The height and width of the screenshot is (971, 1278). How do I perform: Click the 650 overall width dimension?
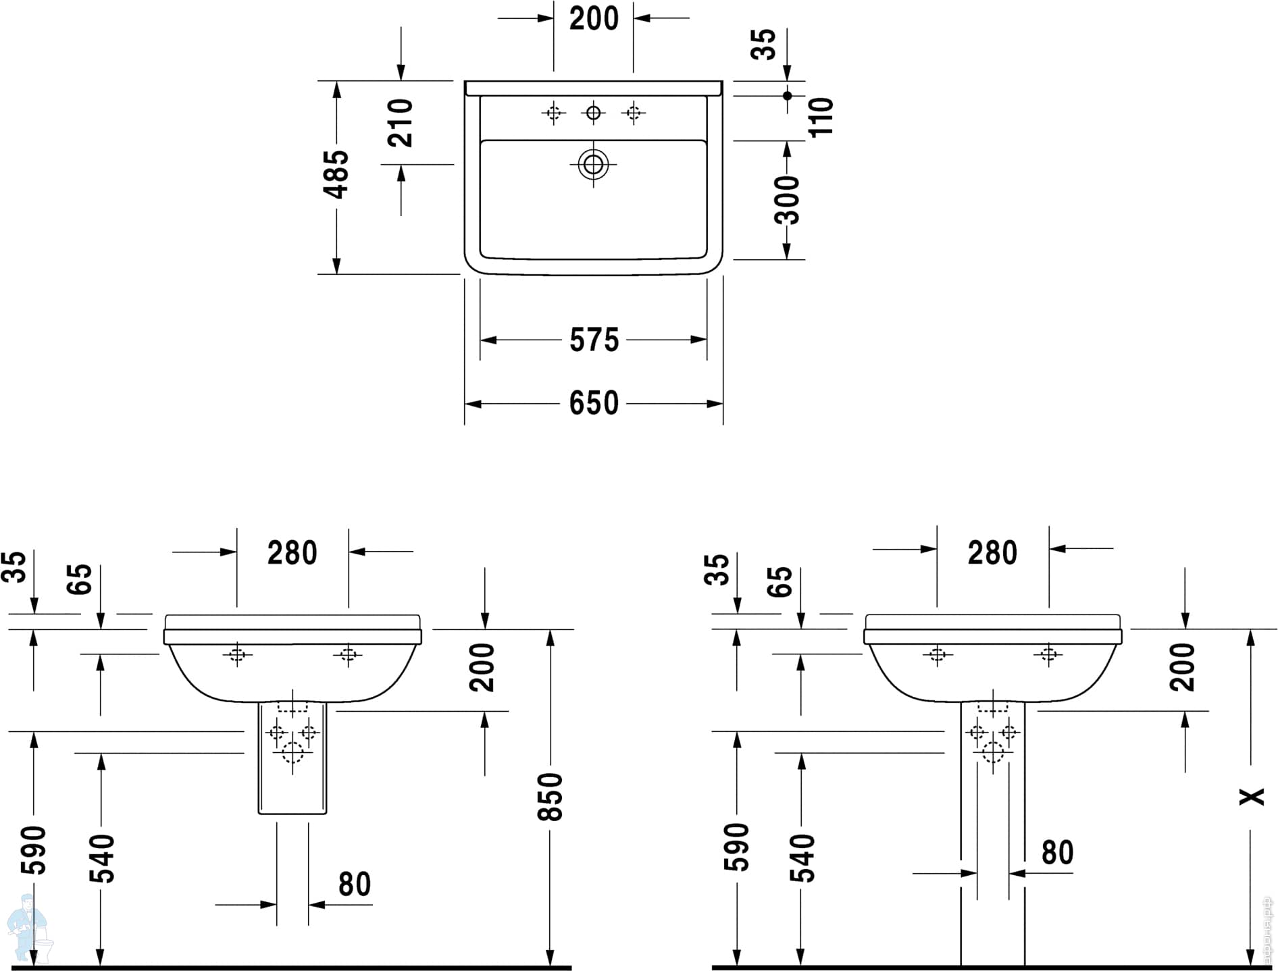tap(594, 403)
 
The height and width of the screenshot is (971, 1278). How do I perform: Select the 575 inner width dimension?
tap(594, 340)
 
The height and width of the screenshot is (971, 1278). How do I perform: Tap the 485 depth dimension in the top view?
tap(336, 174)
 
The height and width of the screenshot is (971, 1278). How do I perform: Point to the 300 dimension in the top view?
tap(787, 200)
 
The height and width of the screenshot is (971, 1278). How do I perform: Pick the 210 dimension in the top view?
tap(400, 123)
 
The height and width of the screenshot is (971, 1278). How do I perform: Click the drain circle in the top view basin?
tap(593, 164)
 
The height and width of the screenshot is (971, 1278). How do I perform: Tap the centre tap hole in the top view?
tap(593, 113)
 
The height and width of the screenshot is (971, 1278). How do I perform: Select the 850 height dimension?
tap(550, 797)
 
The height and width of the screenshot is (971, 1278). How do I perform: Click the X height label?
tap(1252, 797)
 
